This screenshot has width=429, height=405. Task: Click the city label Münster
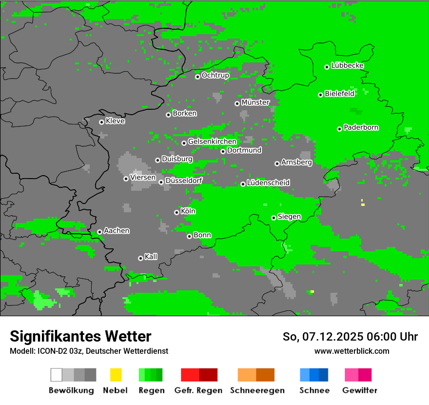click(255, 102)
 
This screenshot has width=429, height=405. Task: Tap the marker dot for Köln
click(176, 212)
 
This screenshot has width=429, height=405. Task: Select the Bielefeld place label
click(339, 94)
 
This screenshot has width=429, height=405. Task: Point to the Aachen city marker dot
click(99, 232)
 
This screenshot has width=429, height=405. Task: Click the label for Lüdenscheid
click(268, 183)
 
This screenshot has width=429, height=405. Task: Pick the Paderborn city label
click(361, 128)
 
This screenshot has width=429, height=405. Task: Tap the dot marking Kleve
click(101, 122)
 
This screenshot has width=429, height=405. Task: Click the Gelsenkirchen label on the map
click(212, 142)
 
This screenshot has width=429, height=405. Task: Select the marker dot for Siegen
click(273, 218)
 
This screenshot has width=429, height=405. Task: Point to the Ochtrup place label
click(215, 76)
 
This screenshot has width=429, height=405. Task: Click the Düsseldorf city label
click(184, 181)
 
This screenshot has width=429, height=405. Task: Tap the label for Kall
click(151, 257)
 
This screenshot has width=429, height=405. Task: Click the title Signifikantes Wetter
click(80, 337)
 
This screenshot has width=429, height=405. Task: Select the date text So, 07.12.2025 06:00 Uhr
click(350, 337)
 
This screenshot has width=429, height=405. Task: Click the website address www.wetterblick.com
click(351, 351)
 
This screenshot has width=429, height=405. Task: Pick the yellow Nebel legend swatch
click(116, 375)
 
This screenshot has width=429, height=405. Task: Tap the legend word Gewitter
click(359, 390)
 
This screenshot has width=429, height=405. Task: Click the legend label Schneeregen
click(256, 390)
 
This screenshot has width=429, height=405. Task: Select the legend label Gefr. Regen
click(198, 390)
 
